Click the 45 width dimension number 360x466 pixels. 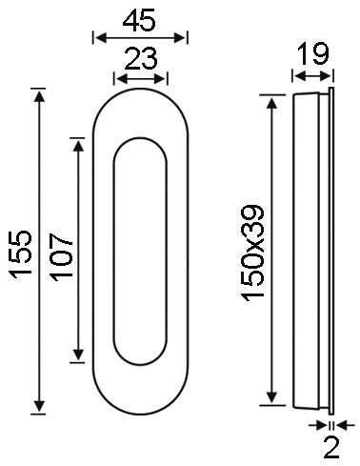point(139,20)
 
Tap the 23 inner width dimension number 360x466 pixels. point(141,58)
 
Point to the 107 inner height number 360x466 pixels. point(62,257)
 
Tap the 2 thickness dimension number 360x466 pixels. point(331,448)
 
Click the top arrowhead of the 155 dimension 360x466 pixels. point(39,95)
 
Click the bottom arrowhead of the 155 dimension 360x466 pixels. point(39,406)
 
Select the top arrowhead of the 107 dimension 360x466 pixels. point(78,146)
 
